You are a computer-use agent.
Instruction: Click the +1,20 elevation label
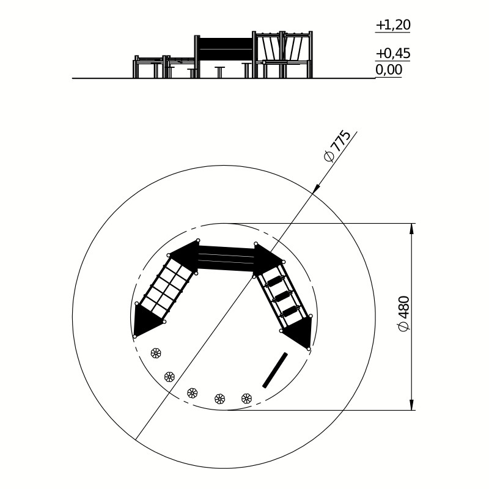(x=393, y=25)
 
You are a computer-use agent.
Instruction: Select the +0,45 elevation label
(x=393, y=54)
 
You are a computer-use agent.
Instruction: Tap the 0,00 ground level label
(x=389, y=70)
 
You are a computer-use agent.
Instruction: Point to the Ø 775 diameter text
(x=337, y=146)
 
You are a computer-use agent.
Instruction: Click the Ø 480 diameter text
(x=404, y=314)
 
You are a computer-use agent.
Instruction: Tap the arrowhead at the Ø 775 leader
(x=316, y=189)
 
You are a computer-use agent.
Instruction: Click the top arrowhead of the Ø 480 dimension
(x=411, y=229)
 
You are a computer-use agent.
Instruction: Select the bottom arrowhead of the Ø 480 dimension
(x=411, y=405)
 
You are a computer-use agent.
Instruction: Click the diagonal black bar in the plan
(x=275, y=370)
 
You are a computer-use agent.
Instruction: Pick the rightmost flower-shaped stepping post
(x=246, y=398)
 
